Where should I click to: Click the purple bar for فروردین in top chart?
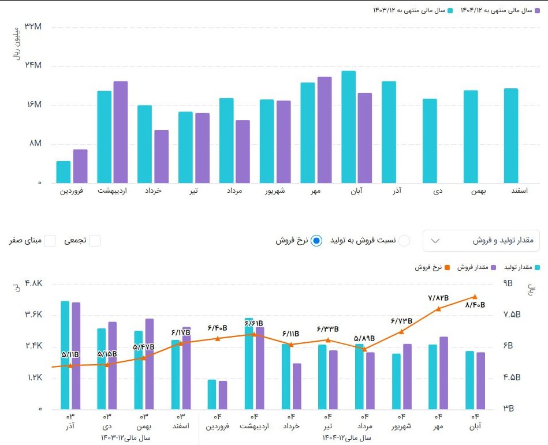coord(80,166)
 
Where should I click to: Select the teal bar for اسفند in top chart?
coord(511,136)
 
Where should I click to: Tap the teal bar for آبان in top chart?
coord(348,127)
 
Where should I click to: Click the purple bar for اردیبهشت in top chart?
coord(121,132)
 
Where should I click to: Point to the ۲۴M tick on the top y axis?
coord(32,66)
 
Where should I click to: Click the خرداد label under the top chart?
coord(154,191)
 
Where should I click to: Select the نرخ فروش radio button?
coord(316,241)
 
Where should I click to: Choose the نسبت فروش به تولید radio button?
coord(405,241)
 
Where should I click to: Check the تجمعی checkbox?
coord(95,241)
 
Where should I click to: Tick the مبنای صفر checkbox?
coord(50,241)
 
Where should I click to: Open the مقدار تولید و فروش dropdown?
coord(481,240)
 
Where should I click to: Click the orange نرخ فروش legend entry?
coord(428,267)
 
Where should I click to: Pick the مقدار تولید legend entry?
coord(523,267)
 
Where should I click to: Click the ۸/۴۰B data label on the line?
coord(475,305)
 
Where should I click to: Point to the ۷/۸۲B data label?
coord(438,298)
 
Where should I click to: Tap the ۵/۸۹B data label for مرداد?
coord(364,338)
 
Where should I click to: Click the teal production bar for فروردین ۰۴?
coord(212,394)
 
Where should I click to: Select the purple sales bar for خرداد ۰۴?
coord(297,386)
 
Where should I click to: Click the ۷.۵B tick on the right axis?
coord(512,315)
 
